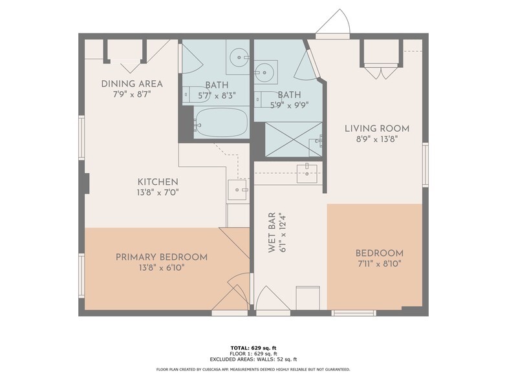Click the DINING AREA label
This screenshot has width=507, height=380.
(x=132, y=84)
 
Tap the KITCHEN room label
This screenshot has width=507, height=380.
(x=157, y=182)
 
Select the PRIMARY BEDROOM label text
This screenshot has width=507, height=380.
(x=162, y=257)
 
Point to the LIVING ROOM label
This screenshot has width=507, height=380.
(x=376, y=129)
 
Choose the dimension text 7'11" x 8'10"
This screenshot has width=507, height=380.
(x=379, y=264)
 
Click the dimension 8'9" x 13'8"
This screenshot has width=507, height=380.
(x=376, y=139)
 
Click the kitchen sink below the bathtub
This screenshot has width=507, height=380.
(x=237, y=190)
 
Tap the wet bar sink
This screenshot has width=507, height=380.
(x=307, y=169)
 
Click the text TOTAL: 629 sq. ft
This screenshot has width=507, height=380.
(x=253, y=348)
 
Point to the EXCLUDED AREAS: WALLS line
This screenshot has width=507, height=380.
(x=253, y=359)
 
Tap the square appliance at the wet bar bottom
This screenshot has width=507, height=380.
(x=307, y=298)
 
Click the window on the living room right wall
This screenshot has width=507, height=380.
(x=425, y=164)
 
